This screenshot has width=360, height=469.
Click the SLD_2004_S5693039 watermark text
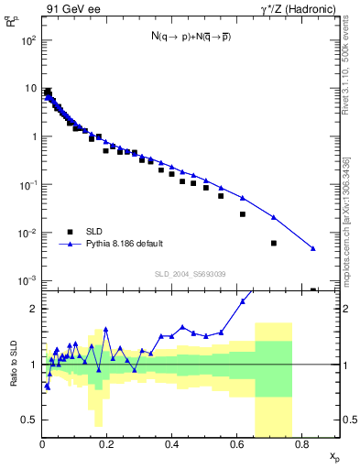[191, 274]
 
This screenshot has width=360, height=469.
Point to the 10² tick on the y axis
[27, 41]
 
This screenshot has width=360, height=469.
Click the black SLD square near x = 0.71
[274, 243]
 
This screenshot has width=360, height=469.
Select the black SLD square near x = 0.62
[243, 214]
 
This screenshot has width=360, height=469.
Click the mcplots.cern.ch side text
[349, 211]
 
